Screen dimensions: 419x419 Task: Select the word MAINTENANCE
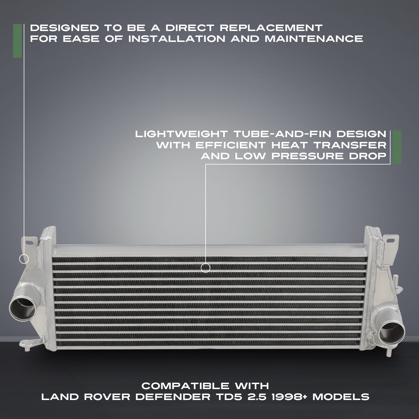pos(314,39)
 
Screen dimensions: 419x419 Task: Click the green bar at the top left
pos(17,41)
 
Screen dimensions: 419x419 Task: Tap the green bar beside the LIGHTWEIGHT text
pos(397,147)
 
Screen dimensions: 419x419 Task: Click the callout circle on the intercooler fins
pos(206,268)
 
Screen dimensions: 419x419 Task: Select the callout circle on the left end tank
pos(24,259)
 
